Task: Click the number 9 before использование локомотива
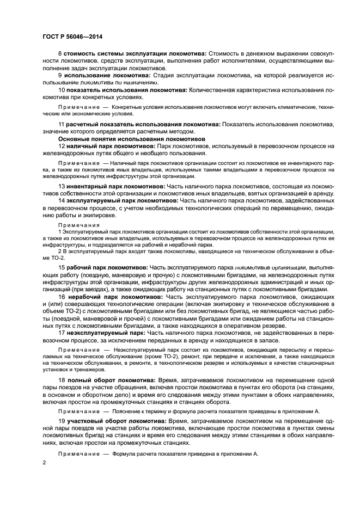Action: (60, 75)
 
